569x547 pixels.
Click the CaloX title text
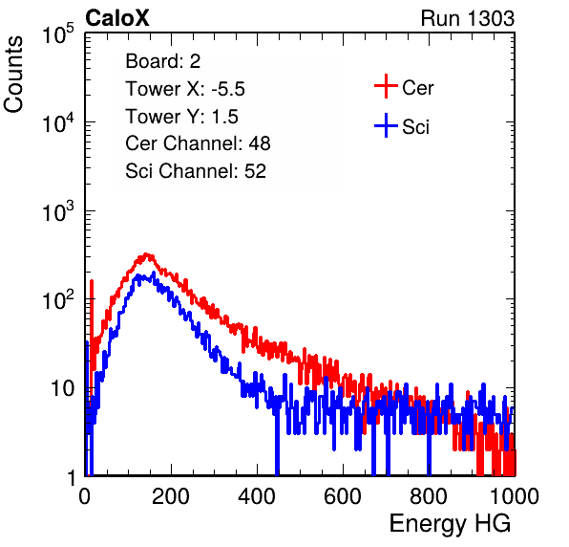click(x=116, y=18)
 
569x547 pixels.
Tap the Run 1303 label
click(x=468, y=18)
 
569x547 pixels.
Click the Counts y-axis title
click(x=13, y=75)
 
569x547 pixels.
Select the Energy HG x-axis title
click(x=450, y=524)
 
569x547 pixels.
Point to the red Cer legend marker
click(x=386, y=86)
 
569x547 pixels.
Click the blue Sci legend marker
click(x=386, y=126)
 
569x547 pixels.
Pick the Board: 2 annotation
click(x=163, y=61)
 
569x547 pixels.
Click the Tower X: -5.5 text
click(x=185, y=89)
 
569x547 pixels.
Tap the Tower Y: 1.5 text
click(x=181, y=117)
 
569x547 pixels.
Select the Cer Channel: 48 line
click(x=198, y=143)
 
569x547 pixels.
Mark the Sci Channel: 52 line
click(x=196, y=171)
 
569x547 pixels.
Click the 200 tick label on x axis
click(x=171, y=496)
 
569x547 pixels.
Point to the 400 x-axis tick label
click(x=257, y=496)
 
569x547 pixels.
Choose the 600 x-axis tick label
click(x=343, y=496)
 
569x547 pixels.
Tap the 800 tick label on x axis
click(x=429, y=496)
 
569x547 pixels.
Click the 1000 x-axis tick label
click(x=515, y=496)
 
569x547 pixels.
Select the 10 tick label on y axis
click(x=63, y=388)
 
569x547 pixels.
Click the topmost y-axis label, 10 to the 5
click(x=58, y=33)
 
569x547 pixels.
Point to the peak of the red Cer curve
click(x=146, y=254)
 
